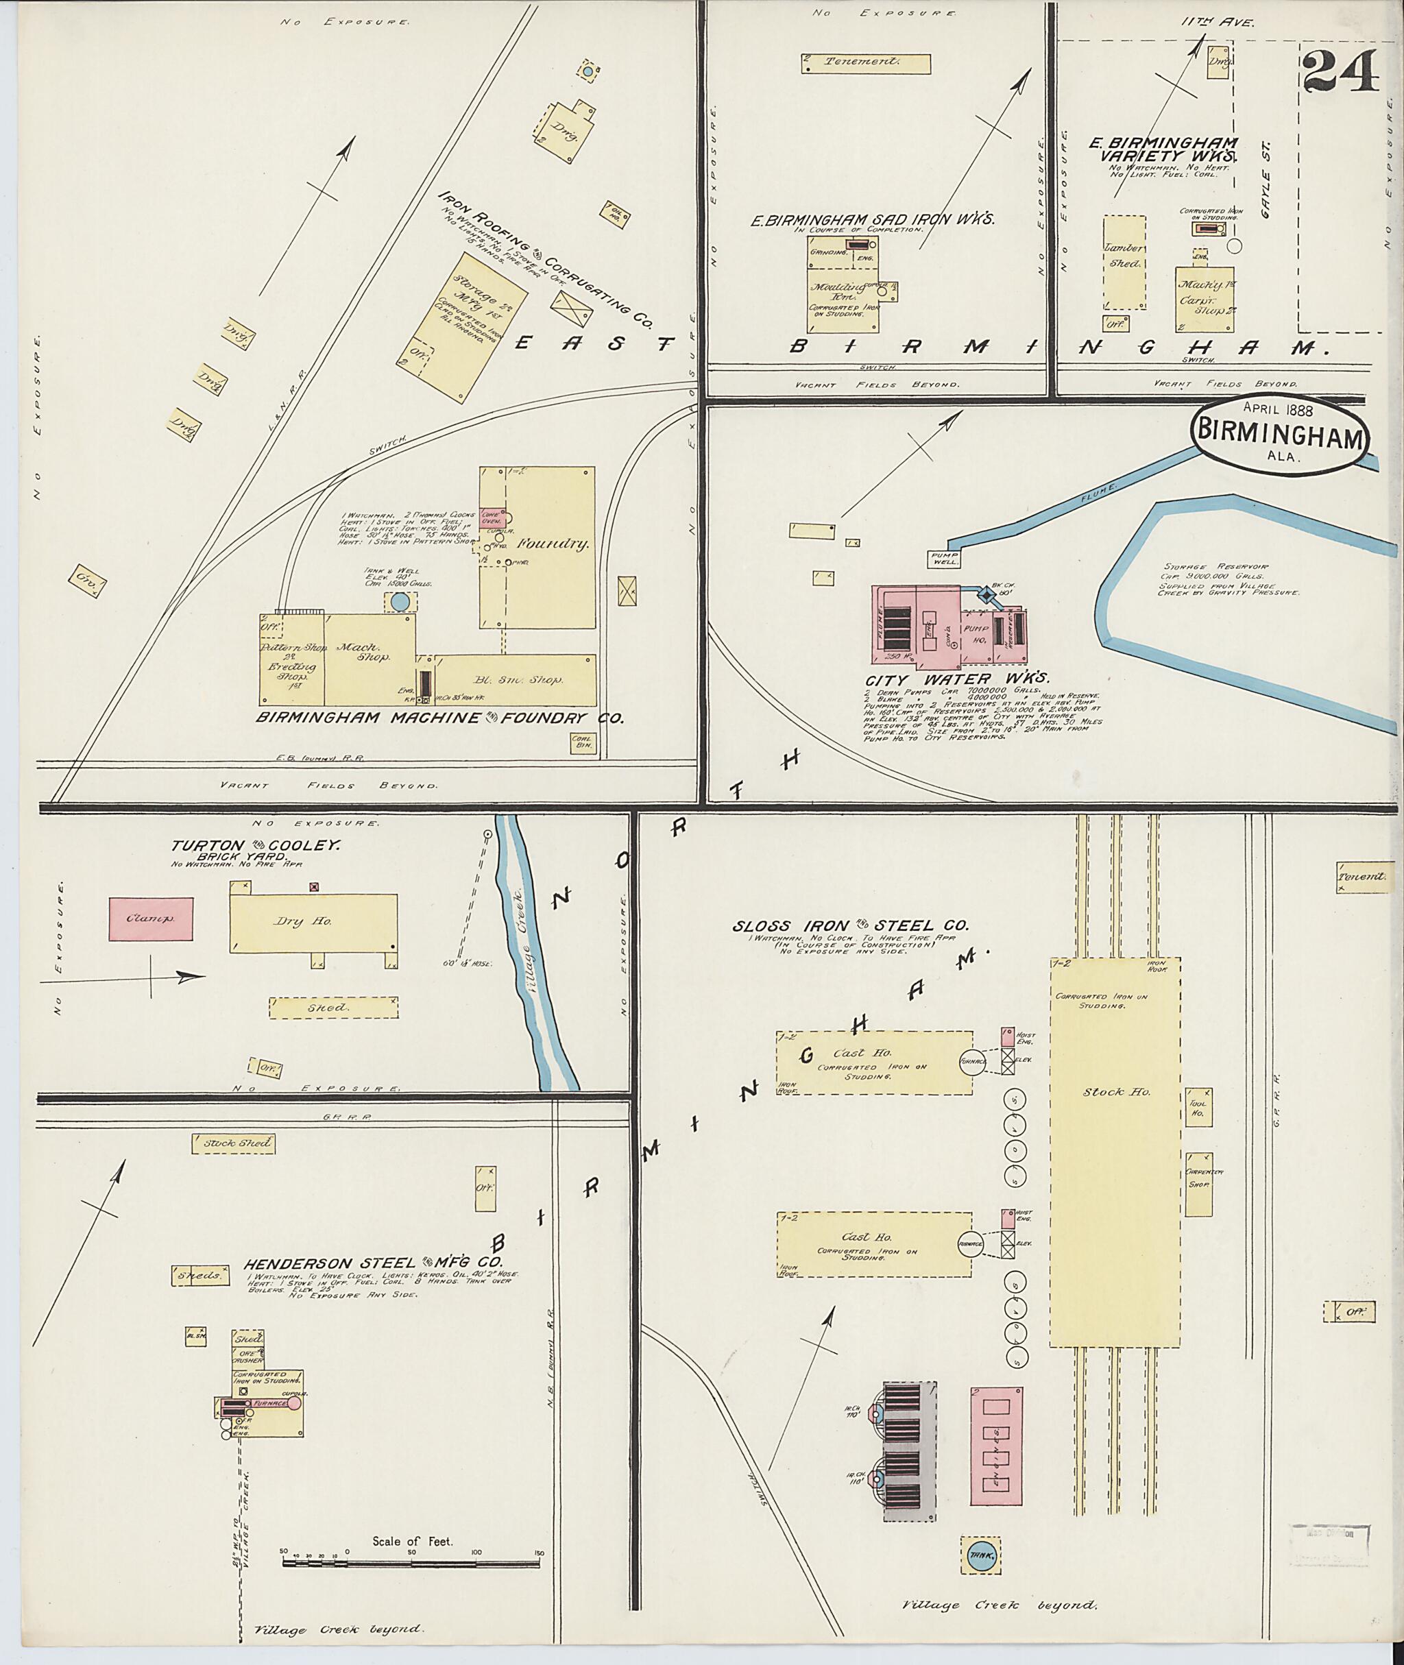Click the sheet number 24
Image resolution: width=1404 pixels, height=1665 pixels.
coord(1340,71)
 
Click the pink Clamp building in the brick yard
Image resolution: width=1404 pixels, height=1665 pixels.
coord(150,919)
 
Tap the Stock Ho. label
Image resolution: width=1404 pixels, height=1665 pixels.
coord(1116,1092)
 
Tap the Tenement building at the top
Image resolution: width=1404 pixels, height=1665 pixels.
coord(865,63)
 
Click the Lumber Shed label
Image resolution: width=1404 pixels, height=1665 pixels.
coord(1124,255)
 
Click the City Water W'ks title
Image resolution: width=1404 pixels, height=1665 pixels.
coord(958,679)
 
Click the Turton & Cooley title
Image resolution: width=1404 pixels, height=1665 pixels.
coord(255,846)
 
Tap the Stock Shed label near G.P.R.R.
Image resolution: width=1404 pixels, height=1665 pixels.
coord(232,1143)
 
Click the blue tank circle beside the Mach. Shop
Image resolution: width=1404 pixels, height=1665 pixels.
coord(400,602)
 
